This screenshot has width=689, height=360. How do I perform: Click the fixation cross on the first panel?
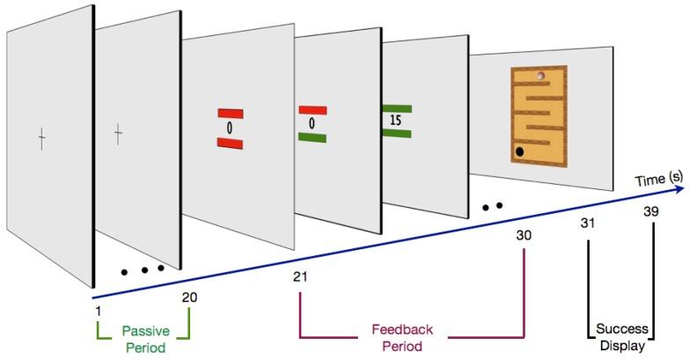(40, 137)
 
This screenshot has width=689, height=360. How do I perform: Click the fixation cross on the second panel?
(118, 133)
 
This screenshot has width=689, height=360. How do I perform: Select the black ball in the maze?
(520, 152)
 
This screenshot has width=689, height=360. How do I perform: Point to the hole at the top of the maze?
(541, 76)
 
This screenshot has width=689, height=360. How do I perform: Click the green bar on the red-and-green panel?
(313, 136)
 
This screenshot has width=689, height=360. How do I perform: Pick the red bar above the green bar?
(313, 110)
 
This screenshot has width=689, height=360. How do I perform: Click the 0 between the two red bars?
(229, 128)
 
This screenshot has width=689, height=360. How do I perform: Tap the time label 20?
(189, 297)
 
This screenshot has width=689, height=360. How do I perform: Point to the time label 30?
(524, 235)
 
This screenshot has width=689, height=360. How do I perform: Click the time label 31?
(588, 223)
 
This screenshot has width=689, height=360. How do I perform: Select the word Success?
(623, 329)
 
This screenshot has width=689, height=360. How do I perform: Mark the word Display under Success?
(623, 346)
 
